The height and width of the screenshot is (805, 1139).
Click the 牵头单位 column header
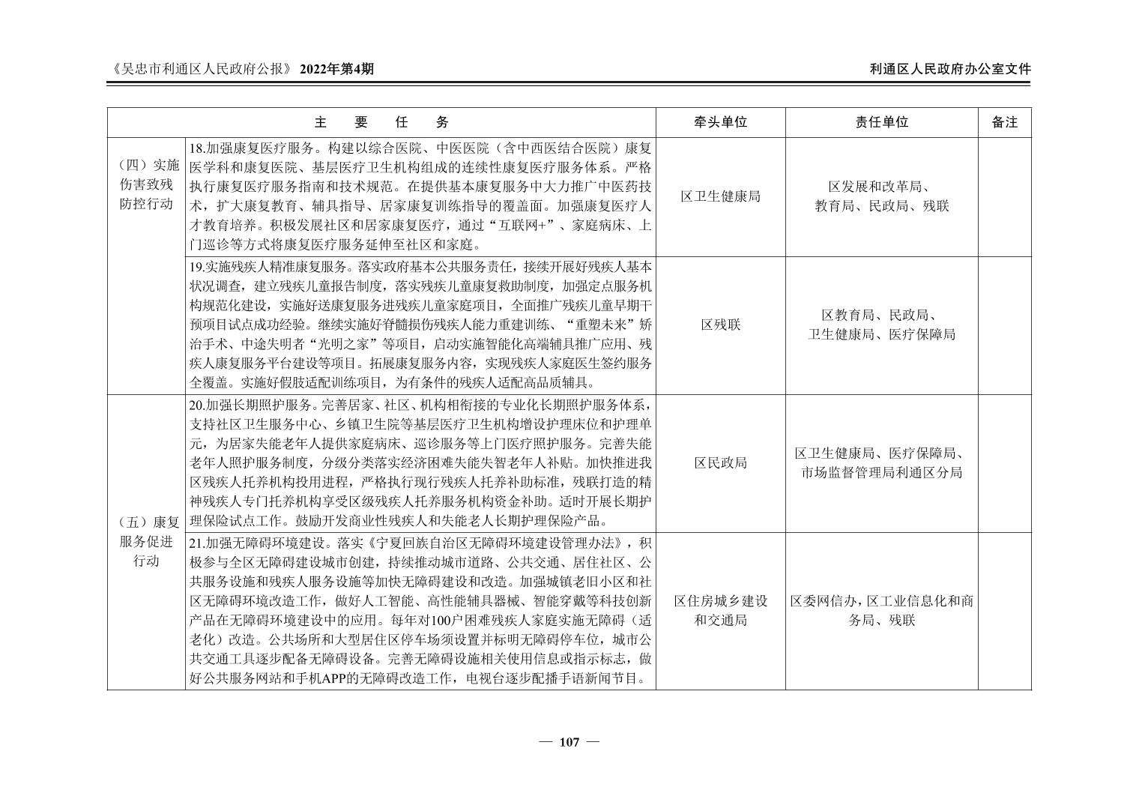coord(720,122)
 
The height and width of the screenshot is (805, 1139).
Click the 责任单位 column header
coord(881,122)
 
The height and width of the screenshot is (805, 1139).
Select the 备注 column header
coord(1004,122)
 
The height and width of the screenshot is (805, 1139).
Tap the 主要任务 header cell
coord(381,122)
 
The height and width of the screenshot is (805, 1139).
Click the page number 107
coord(569,742)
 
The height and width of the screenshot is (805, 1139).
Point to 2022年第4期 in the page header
coord(336,69)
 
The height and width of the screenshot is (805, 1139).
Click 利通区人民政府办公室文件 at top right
coord(950,69)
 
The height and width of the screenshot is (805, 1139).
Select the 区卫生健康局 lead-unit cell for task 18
coord(720,196)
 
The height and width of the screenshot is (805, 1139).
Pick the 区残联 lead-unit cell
coord(720,325)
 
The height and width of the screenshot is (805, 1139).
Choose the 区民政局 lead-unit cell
coord(720,462)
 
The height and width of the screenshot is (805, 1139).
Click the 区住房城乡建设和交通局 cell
coord(720,611)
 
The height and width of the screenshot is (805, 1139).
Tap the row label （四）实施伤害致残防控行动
coord(146,184)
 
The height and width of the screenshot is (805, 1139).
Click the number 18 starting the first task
coord(196,148)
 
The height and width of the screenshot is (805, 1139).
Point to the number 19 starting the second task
coord(196,266)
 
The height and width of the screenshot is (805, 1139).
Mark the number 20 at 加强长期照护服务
coord(196,405)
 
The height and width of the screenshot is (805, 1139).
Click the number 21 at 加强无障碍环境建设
coord(196,543)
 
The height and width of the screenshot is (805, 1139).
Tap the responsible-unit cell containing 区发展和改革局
coord(881,196)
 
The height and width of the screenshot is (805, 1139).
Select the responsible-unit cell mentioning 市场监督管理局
coord(881,462)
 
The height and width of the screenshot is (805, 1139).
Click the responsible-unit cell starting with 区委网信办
coord(881,611)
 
